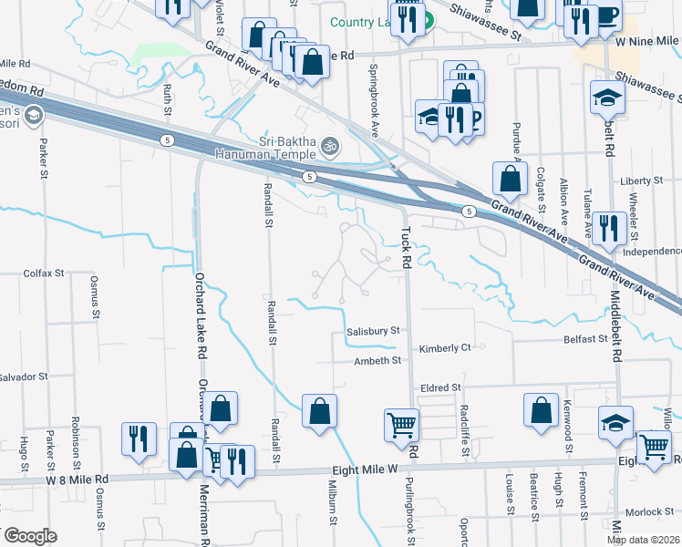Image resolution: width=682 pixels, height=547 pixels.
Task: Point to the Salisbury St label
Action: (x=373, y=332)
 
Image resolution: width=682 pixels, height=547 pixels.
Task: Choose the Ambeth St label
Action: (x=377, y=361)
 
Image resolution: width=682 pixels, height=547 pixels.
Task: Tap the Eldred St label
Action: (x=440, y=387)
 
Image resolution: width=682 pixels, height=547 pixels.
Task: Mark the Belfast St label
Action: (x=584, y=338)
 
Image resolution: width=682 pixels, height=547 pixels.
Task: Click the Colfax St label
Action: (x=44, y=273)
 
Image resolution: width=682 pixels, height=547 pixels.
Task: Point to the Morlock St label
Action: (x=642, y=514)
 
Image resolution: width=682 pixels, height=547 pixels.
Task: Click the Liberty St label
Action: (x=641, y=181)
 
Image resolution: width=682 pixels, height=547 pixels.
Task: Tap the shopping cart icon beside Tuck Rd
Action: (x=402, y=424)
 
